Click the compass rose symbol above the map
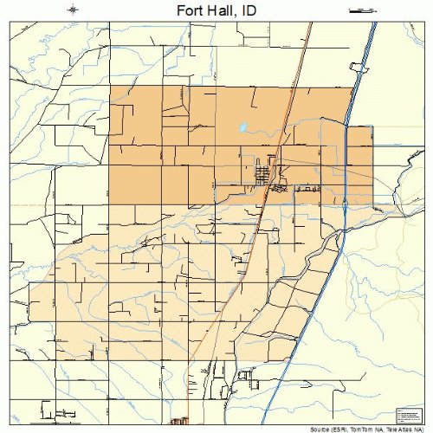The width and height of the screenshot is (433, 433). (x=74, y=10)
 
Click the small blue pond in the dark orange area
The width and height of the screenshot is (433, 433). (x=244, y=128)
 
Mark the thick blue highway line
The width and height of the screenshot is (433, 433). (x=346, y=173)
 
